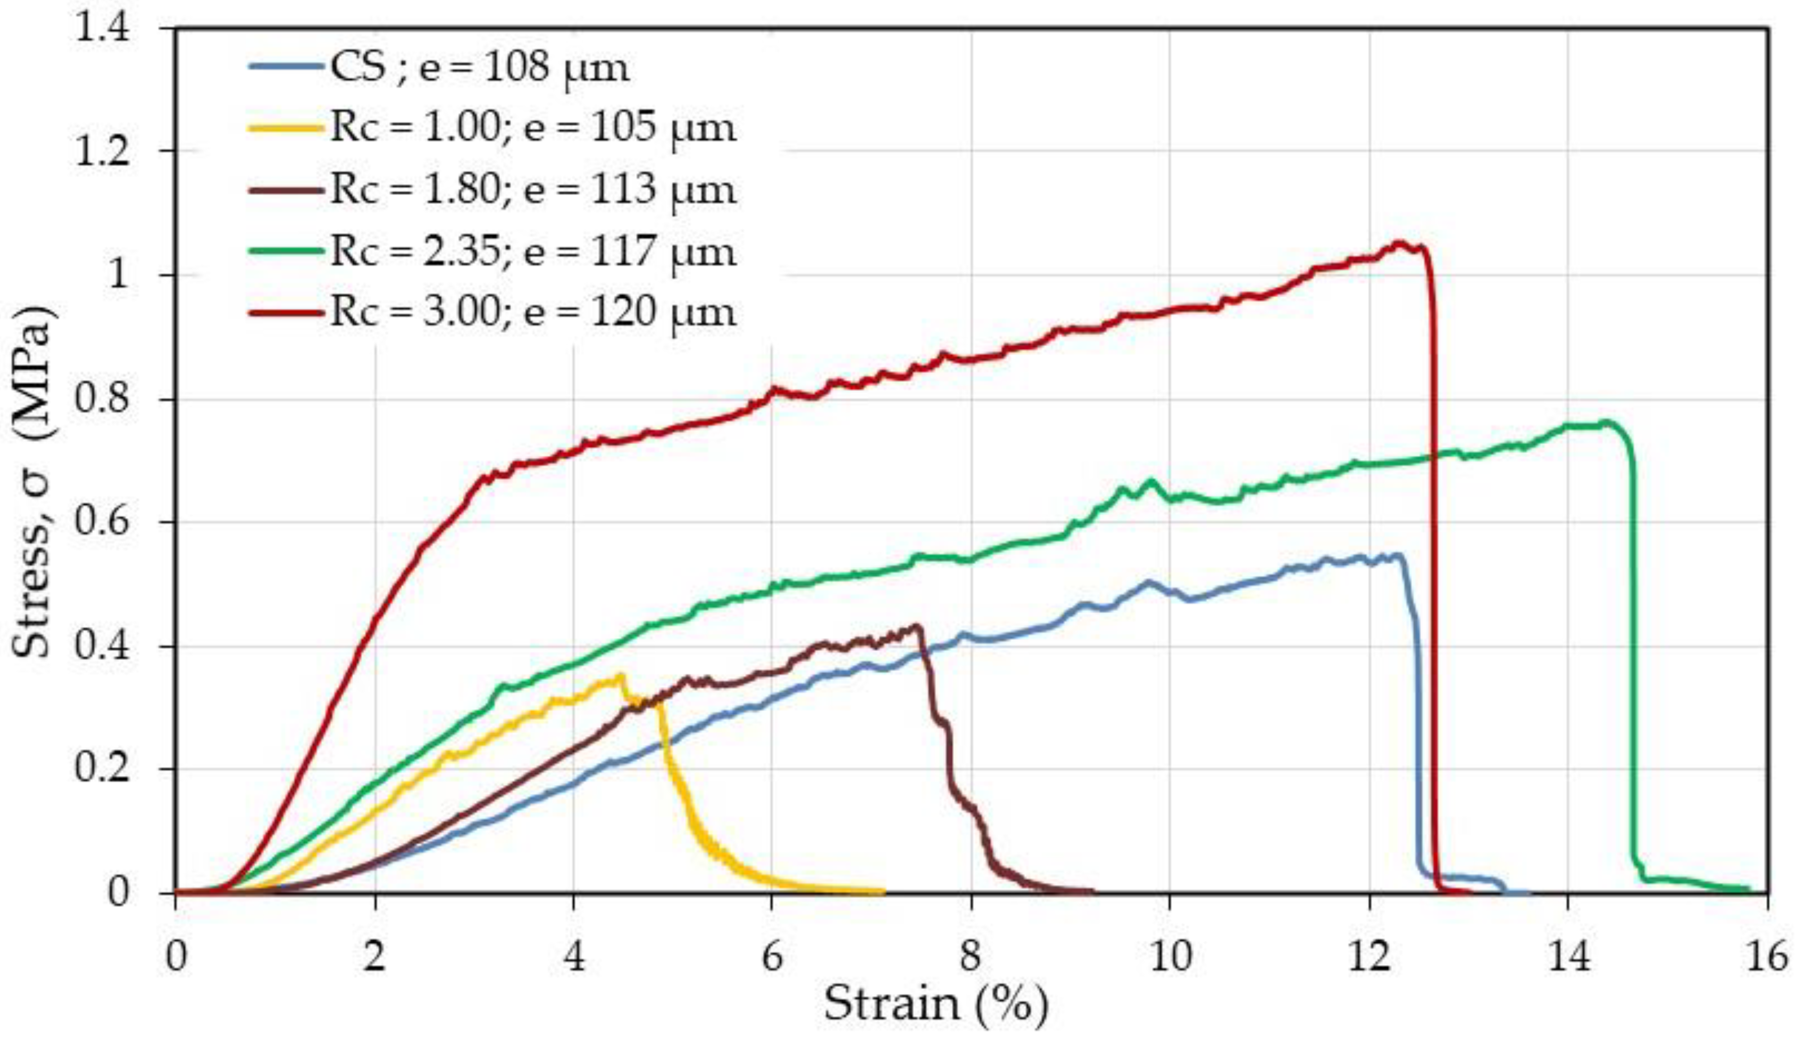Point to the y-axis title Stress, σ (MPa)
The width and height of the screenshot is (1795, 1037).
coord(32,482)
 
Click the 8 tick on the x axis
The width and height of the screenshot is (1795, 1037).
coord(971,957)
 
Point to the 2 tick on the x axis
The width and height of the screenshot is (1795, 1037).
coord(374,957)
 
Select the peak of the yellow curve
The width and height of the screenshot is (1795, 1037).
coord(621,674)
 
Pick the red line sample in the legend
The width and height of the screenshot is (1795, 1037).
coord(285,313)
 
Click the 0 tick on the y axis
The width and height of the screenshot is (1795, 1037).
coord(118,892)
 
